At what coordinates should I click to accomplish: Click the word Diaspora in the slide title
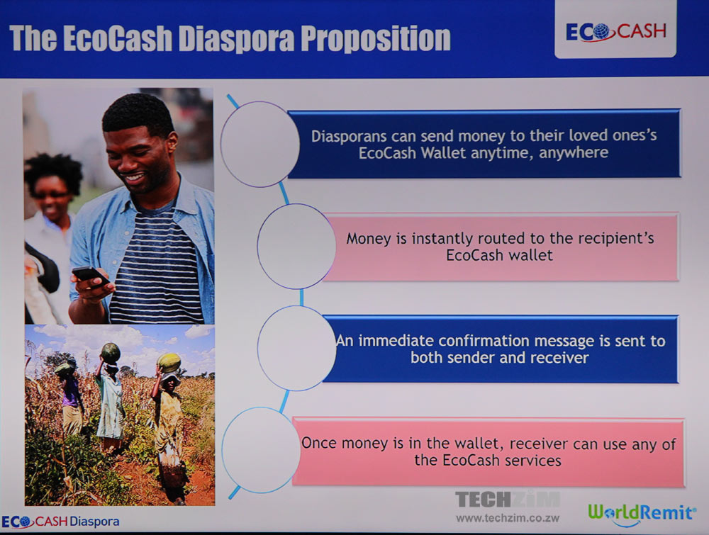236,38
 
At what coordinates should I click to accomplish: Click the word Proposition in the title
376,38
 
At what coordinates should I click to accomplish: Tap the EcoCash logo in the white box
616,32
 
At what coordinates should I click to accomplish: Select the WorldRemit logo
642,514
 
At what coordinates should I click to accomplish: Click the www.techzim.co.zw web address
508,518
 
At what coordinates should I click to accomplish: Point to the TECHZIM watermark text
508,500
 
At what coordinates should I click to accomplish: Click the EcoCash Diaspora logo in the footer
60,522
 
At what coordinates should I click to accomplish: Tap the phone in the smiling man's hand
91,275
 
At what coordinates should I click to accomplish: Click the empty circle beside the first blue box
220,144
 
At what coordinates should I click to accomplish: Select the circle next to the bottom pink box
222,450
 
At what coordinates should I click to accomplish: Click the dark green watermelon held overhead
111,352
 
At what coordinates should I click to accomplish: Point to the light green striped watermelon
169,362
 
